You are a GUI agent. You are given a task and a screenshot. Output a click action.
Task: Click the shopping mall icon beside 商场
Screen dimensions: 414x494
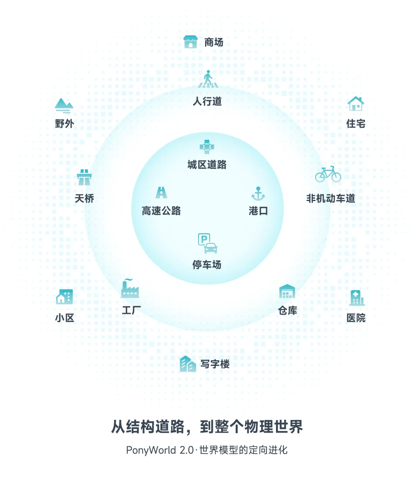(x=190, y=42)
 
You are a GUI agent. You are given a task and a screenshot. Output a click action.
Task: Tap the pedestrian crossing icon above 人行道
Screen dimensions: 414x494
(x=208, y=79)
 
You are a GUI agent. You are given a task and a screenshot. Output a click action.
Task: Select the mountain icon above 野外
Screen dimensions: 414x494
(x=64, y=105)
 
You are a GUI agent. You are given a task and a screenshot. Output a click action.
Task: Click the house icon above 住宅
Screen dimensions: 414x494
(x=355, y=104)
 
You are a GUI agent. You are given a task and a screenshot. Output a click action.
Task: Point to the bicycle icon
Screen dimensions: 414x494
(x=328, y=174)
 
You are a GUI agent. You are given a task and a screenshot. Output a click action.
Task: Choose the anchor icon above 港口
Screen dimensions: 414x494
(x=258, y=194)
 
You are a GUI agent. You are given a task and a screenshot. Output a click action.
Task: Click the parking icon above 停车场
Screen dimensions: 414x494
(x=207, y=244)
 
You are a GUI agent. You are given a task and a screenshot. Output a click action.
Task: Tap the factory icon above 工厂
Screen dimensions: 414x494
(x=130, y=289)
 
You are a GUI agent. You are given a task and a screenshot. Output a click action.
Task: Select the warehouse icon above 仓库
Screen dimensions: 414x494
(x=287, y=292)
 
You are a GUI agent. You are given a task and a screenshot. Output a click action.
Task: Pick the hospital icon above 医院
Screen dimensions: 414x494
(x=356, y=298)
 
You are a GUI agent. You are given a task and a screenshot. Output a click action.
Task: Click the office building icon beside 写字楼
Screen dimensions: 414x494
(x=188, y=364)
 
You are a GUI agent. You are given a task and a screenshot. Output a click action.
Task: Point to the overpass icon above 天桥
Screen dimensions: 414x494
(x=84, y=177)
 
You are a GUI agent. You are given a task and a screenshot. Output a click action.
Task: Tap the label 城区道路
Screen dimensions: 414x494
(x=207, y=165)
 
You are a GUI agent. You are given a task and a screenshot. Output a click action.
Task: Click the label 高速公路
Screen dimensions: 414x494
(x=161, y=211)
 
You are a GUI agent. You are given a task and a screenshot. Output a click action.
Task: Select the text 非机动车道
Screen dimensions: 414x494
(x=330, y=199)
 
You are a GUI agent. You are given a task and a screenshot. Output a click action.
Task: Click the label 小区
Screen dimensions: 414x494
(x=64, y=318)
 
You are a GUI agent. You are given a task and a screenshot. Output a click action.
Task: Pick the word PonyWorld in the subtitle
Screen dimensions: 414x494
(x=151, y=450)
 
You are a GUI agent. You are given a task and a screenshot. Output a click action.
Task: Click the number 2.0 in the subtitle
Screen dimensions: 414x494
(x=187, y=450)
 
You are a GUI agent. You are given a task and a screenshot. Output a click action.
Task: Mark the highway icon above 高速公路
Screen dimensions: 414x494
(x=161, y=192)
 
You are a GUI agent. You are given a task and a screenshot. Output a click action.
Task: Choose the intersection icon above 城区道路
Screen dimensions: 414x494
(x=207, y=147)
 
